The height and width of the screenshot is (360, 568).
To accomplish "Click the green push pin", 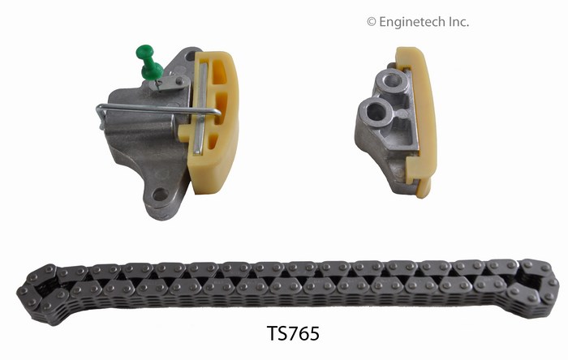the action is (148, 63).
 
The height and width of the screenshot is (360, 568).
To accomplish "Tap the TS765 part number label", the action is (293, 333).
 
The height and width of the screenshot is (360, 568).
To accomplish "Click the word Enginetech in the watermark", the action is (411, 23).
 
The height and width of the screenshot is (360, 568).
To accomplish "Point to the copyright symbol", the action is (372, 23).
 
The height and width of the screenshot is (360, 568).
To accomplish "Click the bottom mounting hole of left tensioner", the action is (160, 195).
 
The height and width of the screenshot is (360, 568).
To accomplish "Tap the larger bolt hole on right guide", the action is (376, 112).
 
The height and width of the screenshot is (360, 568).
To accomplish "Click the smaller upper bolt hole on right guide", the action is (392, 80).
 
